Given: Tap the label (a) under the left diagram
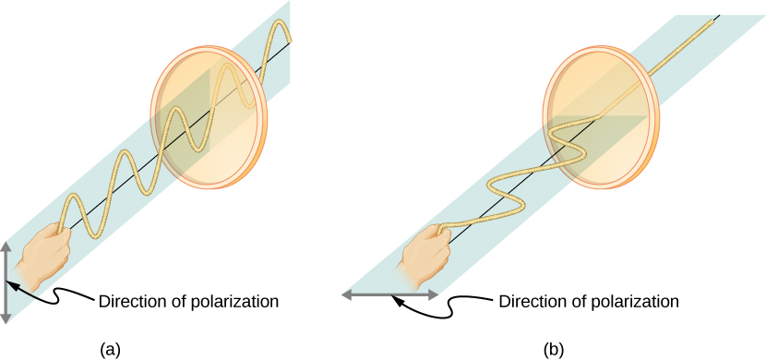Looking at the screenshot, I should (110, 348).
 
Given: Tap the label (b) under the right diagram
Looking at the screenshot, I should (553, 348).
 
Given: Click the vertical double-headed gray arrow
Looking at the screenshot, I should (7, 282).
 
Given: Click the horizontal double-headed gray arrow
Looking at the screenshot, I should (390, 294).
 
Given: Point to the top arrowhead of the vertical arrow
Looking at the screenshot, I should (7, 246).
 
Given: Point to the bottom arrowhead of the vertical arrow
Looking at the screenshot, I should (7, 317).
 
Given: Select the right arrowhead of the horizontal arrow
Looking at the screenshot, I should (433, 294).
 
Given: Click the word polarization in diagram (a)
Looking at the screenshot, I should (230, 301).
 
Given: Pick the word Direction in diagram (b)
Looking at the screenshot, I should (530, 301).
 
